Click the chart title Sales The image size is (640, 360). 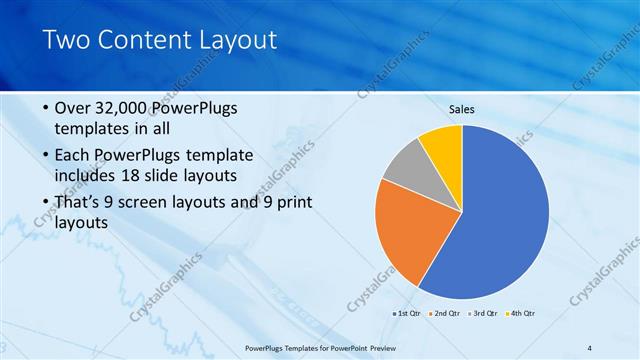[461, 109]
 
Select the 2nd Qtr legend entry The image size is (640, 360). [444, 313]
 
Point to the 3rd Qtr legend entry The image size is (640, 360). [482, 313]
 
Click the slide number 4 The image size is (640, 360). [590, 347]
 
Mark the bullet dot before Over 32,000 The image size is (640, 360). [47, 109]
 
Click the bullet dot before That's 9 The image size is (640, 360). [47, 203]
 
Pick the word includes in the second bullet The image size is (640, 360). [84, 176]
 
